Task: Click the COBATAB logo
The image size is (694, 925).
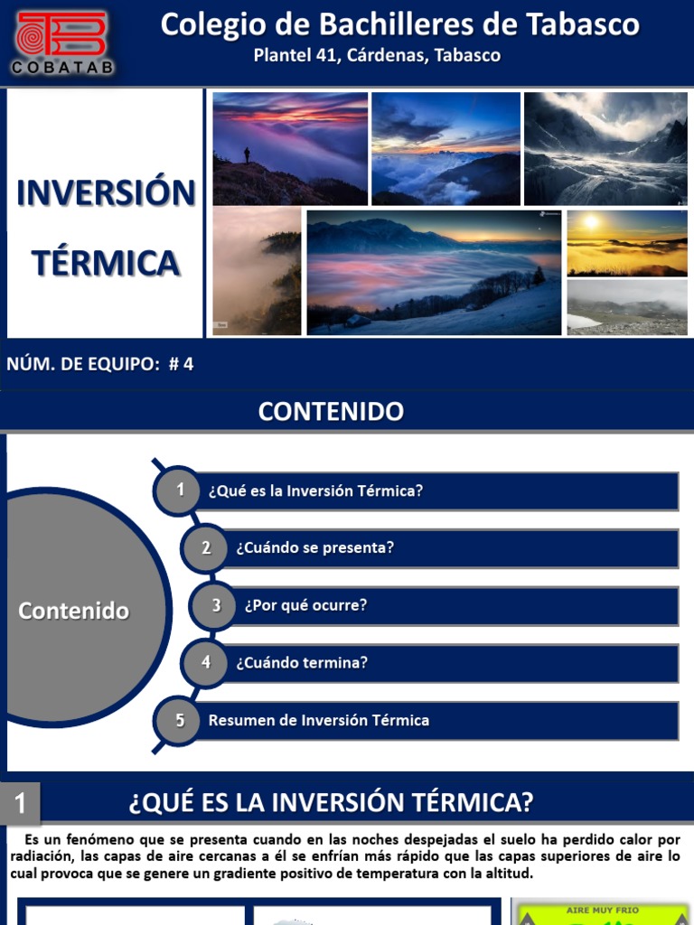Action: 61,42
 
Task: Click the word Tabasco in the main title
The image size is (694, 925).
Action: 588,24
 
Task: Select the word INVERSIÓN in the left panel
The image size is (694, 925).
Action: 106,192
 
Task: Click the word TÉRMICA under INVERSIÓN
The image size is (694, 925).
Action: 106,263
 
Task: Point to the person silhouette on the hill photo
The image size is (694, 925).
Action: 247,155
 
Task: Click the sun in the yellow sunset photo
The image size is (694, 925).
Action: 591,222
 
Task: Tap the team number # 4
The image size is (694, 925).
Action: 181,364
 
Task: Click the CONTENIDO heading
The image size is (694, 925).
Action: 331,412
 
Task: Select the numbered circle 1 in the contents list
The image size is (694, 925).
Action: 181,491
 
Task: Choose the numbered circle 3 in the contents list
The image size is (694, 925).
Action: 216,605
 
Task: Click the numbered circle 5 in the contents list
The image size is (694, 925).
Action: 181,720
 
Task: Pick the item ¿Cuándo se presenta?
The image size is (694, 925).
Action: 314,548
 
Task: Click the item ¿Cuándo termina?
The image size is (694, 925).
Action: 302,662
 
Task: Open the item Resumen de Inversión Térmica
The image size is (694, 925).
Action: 319,720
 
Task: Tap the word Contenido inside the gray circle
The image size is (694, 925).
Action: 74,611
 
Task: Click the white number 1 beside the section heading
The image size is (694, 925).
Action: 20,803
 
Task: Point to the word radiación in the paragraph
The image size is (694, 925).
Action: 42,856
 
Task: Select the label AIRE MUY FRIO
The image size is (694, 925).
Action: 603,910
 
